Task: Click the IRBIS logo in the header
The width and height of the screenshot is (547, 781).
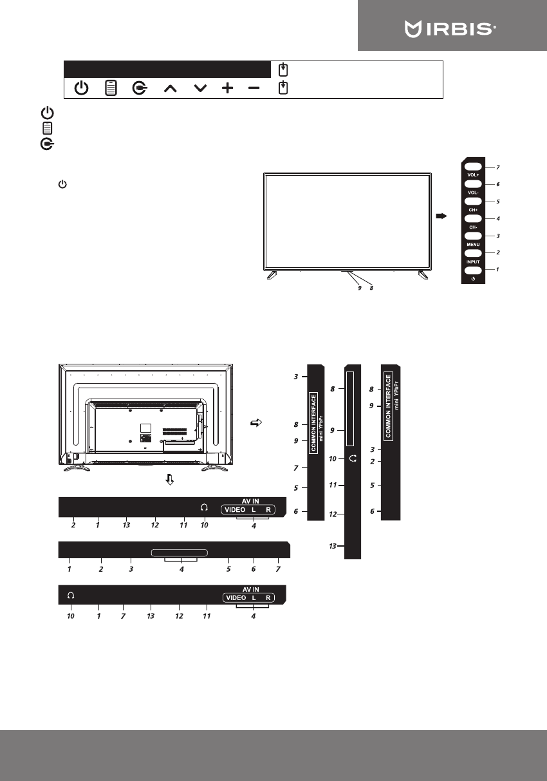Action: tap(450, 28)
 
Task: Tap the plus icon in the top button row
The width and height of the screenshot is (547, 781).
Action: tap(228, 88)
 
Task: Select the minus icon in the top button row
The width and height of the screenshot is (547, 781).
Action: tap(254, 88)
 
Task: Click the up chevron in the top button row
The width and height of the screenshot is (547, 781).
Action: tap(171, 89)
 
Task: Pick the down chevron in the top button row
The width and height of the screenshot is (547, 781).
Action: tap(200, 88)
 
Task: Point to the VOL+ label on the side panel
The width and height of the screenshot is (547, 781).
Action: tap(473, 175)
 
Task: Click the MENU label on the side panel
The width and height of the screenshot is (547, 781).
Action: tap(473, 245)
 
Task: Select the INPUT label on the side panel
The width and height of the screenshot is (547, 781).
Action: tap(473, 262)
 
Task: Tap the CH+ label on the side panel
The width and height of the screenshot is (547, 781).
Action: tap(473, 210)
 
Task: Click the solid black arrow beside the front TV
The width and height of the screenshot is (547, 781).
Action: tap(441, 216)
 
